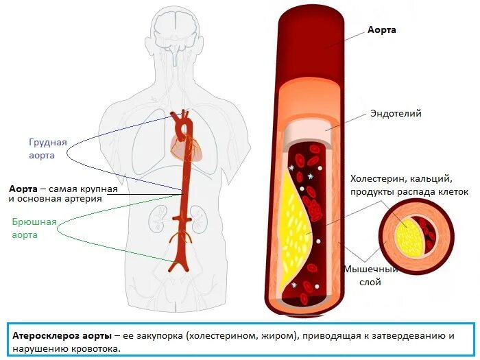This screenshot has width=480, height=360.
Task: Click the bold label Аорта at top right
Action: coord(382,30)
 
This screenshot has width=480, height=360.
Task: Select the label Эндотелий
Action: coord(396,114)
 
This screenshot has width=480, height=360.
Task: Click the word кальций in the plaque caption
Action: coord(431,178)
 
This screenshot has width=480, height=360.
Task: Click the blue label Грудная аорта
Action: coord(47,149)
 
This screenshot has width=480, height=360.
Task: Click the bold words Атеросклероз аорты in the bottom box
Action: coord(62,336)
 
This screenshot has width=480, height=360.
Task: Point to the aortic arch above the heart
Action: coord(182,120)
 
